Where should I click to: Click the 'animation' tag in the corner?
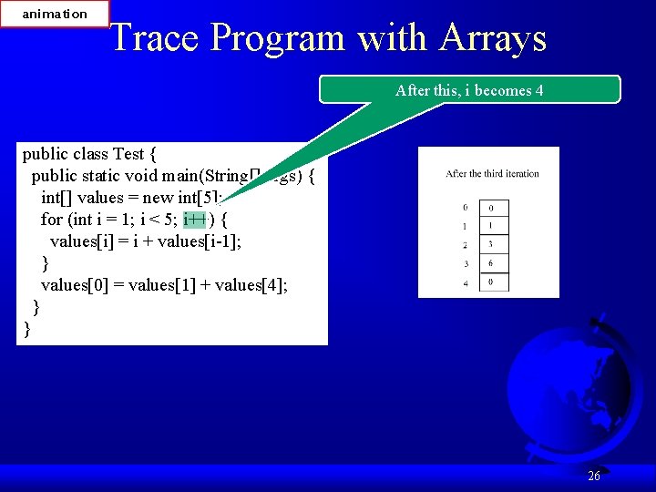click(x=55, y=14)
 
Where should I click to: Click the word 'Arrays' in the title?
click(x=493, y=38)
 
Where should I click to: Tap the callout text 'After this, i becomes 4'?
click(x=469, y=90)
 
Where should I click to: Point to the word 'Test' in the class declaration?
click(x=128, y=153)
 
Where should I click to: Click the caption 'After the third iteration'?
click(x=492, y=173)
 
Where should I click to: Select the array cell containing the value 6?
click(x=491, y=263)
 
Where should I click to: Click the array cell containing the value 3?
click(x=491, y=244)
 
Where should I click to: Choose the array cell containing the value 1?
click(x=491, y=226)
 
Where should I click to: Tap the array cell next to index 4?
click(x=491, y=282)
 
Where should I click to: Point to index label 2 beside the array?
click(x=466, y=245)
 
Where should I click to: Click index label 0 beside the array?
click(x=466, y=208)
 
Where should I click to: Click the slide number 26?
click(x=594, y=476)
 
